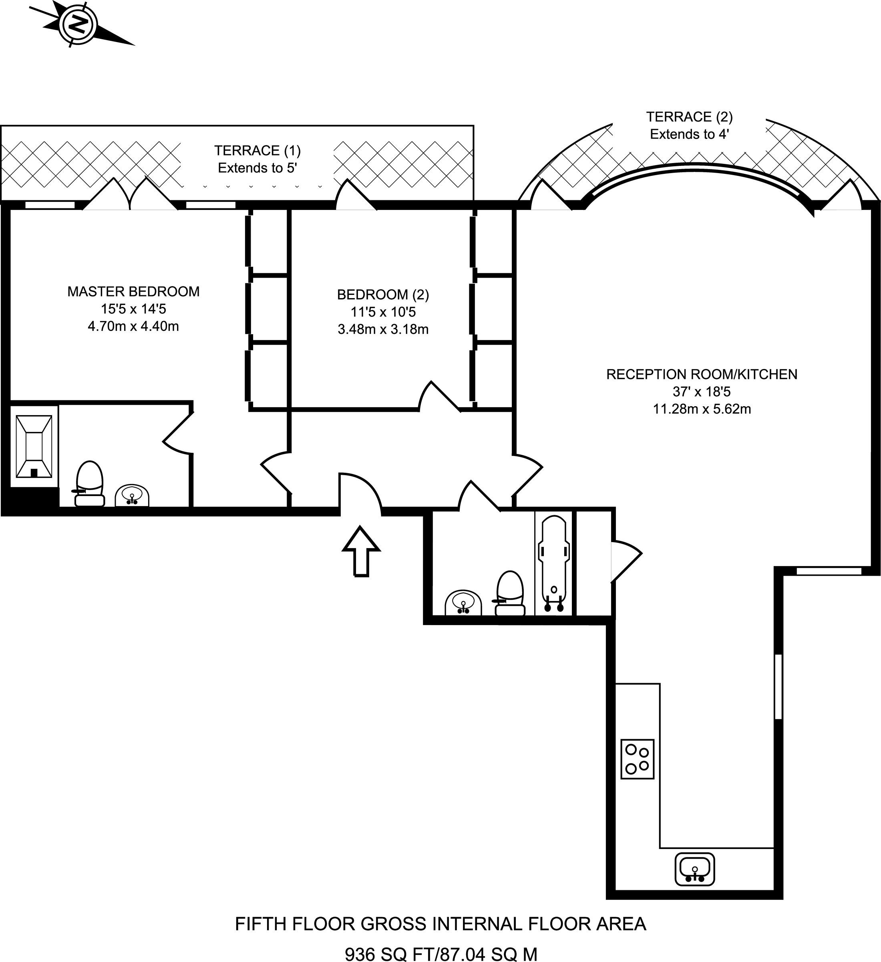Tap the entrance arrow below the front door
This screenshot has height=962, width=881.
tap(361, 551)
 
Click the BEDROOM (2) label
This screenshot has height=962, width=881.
tap(383, 295)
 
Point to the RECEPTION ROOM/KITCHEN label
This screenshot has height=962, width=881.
tap(702, 375)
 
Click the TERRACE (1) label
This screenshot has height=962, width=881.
tap(257, 151)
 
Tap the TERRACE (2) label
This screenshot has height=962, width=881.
tap(689, 117)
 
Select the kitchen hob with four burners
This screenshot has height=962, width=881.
tap(637, 759)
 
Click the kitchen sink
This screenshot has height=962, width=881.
tap(694, 869)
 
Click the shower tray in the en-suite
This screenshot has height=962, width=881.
tap(34, 447)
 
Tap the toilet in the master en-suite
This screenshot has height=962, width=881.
tap(89, 483)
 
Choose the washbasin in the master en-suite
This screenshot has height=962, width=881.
tap(132, 496)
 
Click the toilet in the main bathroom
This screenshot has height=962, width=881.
tap(509, 594)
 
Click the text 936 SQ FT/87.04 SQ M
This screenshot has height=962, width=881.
tap(441, 954)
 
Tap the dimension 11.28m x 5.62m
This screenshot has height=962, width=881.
tap(702, 409)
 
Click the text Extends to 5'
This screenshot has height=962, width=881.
tap(257, 168)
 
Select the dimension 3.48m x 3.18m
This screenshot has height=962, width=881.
tap(383, 329)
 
